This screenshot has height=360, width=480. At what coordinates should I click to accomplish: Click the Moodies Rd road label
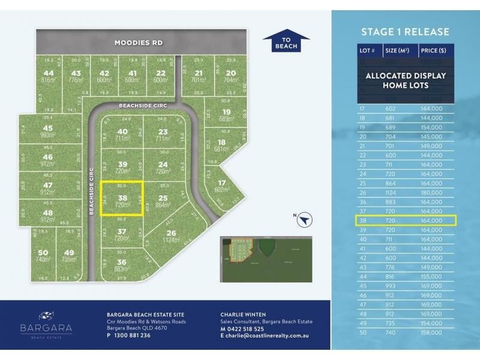click(x=139, y=43)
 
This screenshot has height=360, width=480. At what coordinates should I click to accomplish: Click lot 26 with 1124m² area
click(x=172, y=236)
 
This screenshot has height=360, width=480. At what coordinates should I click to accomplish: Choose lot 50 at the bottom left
click(x=42, y=256)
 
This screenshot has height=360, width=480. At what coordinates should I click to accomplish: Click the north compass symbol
click(x=306, y=220)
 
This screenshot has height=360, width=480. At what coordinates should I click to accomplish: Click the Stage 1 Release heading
click(x=404, y=32)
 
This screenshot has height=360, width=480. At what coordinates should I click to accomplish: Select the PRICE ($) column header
click(x=434, y=50)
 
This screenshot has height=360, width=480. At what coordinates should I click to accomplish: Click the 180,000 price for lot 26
click(x=432, y=192)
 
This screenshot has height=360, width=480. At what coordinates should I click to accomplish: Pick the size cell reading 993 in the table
click(x=391, y=287)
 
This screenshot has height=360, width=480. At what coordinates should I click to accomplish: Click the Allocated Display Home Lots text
click(x=406, y=80)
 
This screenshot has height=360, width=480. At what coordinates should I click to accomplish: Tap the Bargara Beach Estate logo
click(x=46, y=324)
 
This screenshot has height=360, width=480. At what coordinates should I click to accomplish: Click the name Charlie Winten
click(x=244, y=314)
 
